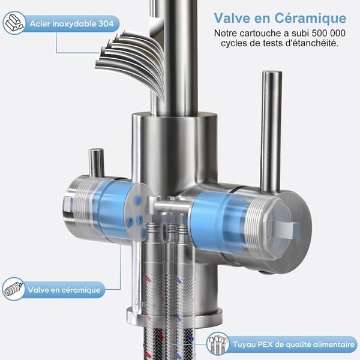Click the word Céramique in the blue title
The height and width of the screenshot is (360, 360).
pos(310,19)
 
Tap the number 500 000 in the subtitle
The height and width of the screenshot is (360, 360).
pos(328,33)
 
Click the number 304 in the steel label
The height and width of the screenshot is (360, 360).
pos(106,23)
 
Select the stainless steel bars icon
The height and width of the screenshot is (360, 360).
pos(14,23)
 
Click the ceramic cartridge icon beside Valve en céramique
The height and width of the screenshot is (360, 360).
pos(14,289)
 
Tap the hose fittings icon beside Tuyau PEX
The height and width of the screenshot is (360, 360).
pos(218,344)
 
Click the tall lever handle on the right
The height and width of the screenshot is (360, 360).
pos(271,131)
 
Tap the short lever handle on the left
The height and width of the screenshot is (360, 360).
pos(97,163)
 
